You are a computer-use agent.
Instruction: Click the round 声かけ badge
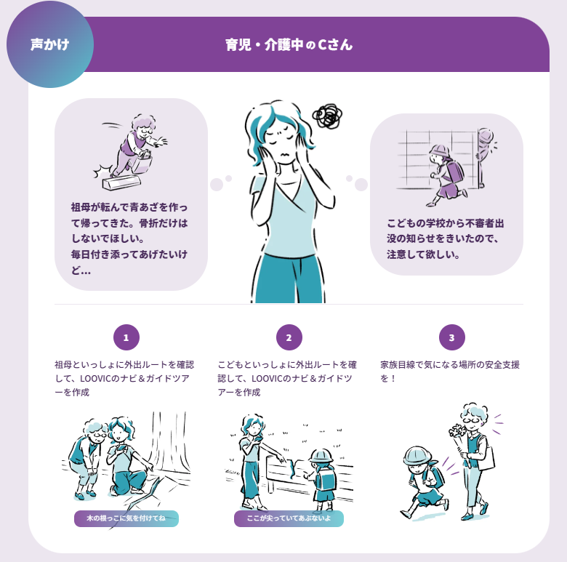(x=50, y=44)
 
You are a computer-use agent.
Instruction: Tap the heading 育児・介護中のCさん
(x=289, y=45)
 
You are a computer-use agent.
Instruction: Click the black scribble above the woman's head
(x=328, y=116)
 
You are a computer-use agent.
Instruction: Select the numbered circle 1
(x=126, y=337)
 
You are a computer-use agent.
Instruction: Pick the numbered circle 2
(x=289, y=337)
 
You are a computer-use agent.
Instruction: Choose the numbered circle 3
(x=451, y=337)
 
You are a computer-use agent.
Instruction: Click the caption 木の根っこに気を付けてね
(x=126, y=518)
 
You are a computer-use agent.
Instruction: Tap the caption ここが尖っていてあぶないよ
(x=289, y=518)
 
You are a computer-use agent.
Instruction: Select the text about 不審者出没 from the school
(x=445, y=238)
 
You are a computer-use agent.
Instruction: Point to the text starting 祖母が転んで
(x=129, y=238)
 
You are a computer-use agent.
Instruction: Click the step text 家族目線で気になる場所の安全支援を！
(x=450, y=372)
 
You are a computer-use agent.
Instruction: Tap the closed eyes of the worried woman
(x=281, y=140)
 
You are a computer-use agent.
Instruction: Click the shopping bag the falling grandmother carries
(x=142, y=163)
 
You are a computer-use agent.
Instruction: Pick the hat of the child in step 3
(x=418, y=456)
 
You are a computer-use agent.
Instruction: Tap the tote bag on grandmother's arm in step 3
(x=486, y=457)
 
